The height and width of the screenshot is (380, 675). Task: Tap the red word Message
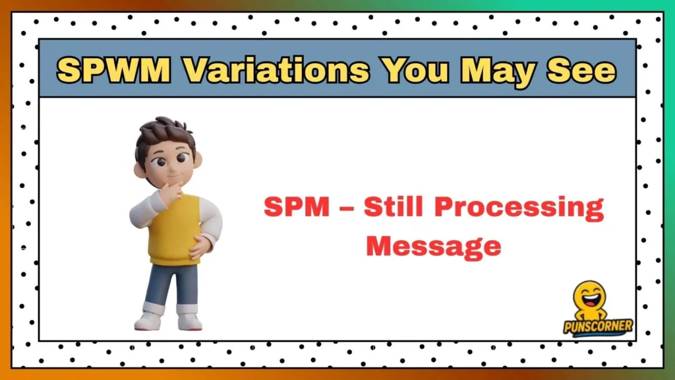433,246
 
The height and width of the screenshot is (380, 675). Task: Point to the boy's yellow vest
175,228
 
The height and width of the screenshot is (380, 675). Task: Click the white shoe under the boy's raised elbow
149,321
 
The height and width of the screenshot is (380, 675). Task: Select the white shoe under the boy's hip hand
189,321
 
